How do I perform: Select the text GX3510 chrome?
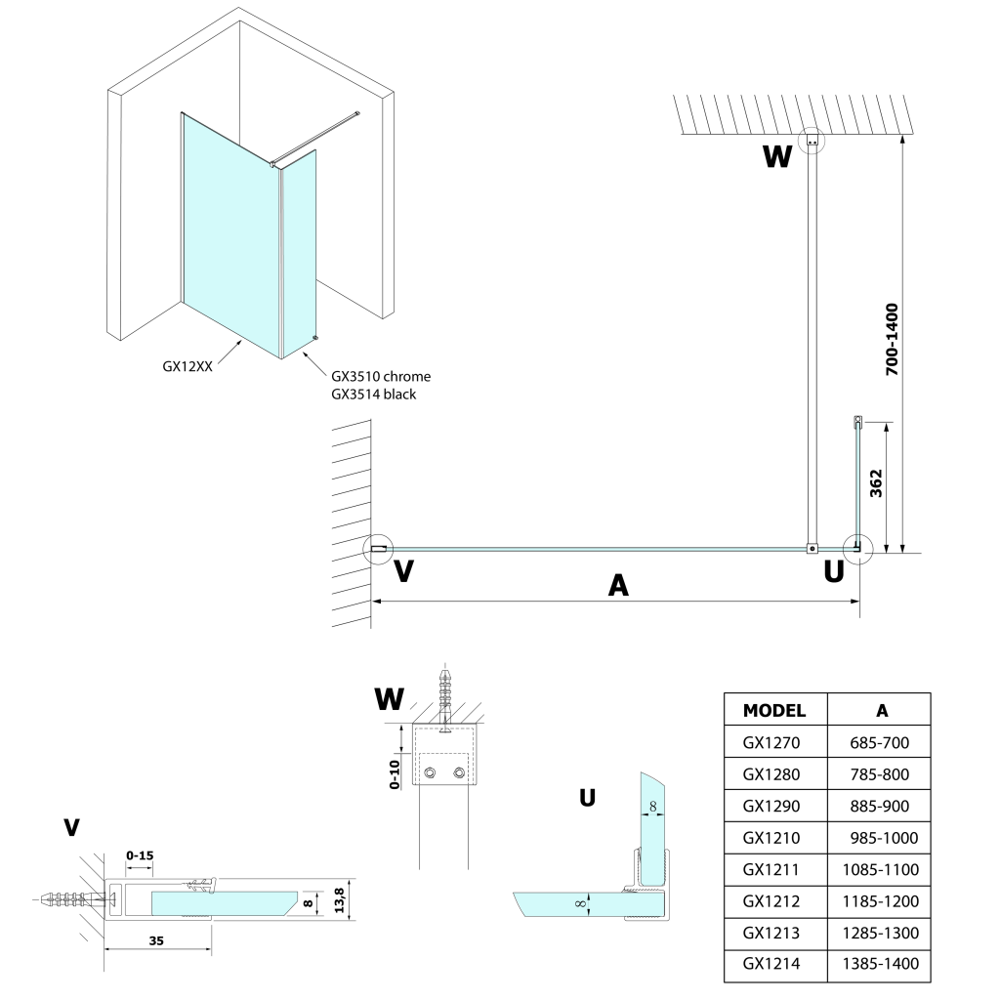381,376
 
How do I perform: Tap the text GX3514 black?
374,394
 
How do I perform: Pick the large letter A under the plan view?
617,584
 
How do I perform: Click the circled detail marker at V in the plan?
378,550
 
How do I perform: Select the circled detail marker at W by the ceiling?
812,142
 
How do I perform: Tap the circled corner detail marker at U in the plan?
857,549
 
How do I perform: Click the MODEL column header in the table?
774,710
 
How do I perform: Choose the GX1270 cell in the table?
771,743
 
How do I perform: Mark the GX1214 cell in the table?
771,964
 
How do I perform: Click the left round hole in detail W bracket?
430,774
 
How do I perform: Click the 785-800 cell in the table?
879,774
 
